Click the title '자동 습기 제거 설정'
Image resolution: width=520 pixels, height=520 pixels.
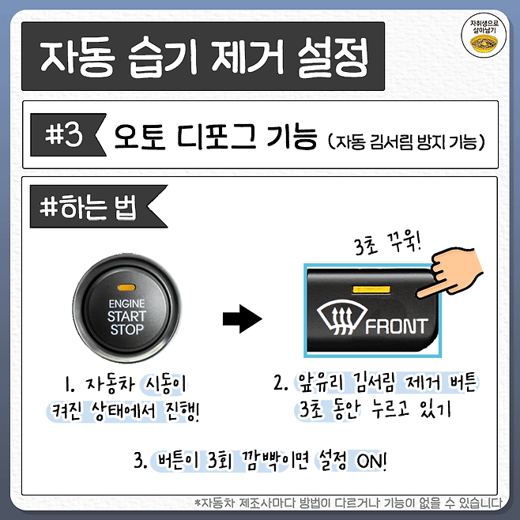[202, 57]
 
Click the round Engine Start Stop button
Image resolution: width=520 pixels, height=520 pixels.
[127, 312]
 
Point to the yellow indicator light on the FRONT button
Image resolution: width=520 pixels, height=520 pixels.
[372, 292]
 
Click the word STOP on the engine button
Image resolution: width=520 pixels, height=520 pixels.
[127, 330]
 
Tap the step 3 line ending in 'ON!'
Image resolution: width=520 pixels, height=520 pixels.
[260, 461]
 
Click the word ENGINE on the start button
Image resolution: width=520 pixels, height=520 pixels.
[127, 303]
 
